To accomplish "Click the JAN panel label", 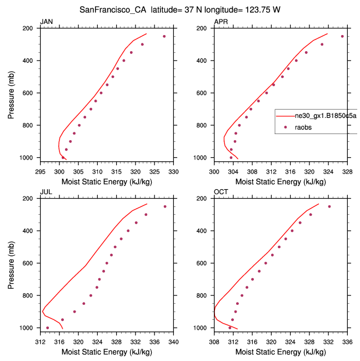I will pyautogui.click(x=46, y=22).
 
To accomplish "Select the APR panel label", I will pyautogui.click(x=221, y=22).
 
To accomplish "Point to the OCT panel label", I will pyautogui.click(x=221, y=192).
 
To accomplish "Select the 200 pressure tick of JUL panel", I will pyautogui.click(x=31, y=199).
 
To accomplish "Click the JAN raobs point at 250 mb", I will pyautogui.click(x=164, y=36).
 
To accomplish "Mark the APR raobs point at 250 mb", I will pyautogui.click(x=342, y=36).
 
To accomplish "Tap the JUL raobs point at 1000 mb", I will pyautogui.click(x=47, y=328).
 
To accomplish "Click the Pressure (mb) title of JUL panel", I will pyautogui.click(x=12, y=263).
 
